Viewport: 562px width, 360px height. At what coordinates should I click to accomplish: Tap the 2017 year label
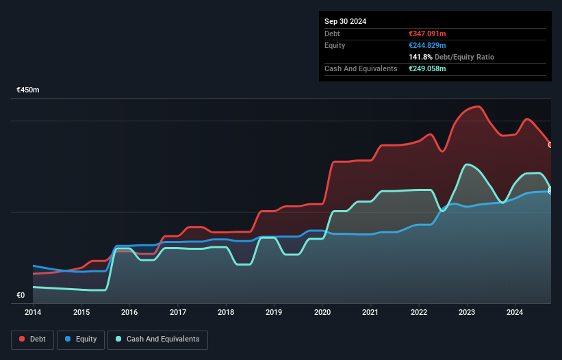[x=178, y=312]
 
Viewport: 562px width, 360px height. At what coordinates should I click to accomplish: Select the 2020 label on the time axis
[x=322, y=312]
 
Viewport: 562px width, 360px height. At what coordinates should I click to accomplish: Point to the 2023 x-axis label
[x=467, y=312]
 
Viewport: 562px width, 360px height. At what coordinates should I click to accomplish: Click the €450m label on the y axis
[x=28, y=90]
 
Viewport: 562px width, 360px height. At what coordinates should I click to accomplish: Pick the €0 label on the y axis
[x=21, y=296]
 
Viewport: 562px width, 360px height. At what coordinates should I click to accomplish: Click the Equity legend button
[x=81, y=339]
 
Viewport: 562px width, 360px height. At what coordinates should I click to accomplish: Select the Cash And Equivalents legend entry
[x=157, y=339]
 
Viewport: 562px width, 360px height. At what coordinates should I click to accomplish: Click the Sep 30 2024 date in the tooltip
[x=346, y=21]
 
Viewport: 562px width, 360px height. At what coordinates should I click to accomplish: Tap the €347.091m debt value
[x=427, y=34]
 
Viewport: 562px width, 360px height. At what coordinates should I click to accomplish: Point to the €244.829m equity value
[x=427, y=45]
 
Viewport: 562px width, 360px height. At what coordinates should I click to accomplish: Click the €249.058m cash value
[x=427, y=68]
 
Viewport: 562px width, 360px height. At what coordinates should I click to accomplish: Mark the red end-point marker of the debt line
[x=550, y=144]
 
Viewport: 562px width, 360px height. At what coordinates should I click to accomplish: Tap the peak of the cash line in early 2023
[x=468, y=164]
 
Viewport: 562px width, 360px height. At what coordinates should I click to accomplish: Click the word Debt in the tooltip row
[x=332, y=34]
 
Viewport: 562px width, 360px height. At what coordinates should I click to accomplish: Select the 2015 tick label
[x=81, y=312]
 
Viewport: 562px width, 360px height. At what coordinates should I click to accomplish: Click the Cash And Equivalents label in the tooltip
[x=361, y=68]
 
